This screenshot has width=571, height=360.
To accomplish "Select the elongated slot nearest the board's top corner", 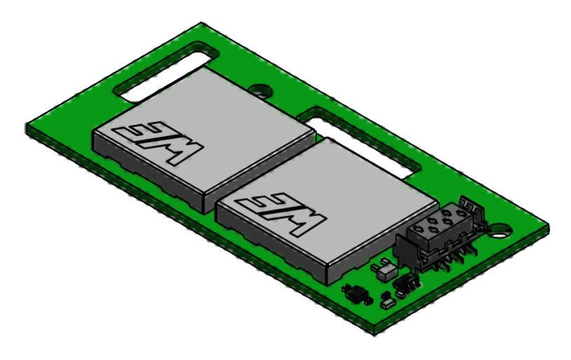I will tap(166, 69).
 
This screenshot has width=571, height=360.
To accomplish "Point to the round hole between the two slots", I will tap(262, 91).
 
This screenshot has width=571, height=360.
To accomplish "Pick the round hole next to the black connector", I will tap(499, 227).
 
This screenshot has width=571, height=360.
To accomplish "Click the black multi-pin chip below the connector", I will tap(405, 283).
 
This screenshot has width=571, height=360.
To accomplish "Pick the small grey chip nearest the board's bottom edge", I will tap(385, 304).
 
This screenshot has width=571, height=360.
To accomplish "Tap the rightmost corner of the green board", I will tap(546, 229).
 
